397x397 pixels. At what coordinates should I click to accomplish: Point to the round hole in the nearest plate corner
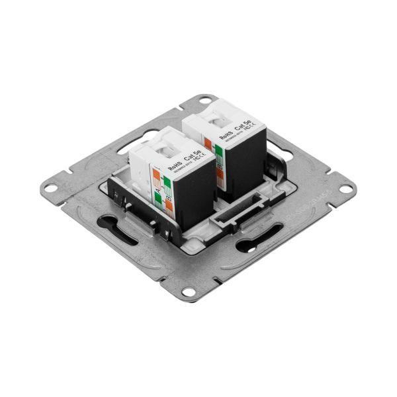tap(189, 289)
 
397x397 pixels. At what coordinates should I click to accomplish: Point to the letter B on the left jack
tap(170, 197)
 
